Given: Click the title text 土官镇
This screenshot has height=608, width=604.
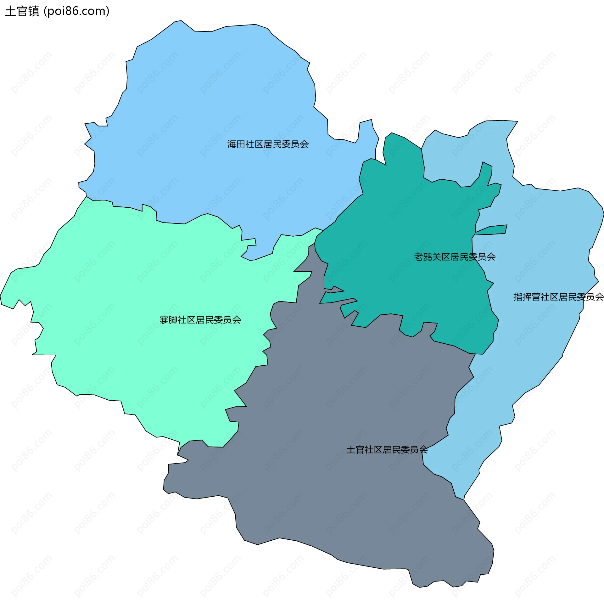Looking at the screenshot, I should coord(22,11).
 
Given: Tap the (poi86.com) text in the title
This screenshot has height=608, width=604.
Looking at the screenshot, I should coord(76,11).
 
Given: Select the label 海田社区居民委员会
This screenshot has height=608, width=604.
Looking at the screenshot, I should coord(268,144).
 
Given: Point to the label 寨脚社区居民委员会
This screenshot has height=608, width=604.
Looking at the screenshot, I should coord(200,320).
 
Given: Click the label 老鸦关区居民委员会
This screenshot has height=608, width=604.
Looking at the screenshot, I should coord(455,257).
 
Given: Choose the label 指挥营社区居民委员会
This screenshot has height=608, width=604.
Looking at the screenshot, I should coord(558,297).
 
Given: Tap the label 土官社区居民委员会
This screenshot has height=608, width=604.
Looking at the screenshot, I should coord(387,450).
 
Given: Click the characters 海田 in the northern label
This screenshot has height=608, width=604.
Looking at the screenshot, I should coord(236,144).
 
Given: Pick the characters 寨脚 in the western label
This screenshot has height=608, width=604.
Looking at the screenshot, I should coord(168,320).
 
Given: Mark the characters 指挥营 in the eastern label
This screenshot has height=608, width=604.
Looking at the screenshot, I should coord(527,297).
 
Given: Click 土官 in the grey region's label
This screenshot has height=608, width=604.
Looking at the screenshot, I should coord(355,450).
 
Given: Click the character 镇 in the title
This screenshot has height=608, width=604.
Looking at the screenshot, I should coord(34,11).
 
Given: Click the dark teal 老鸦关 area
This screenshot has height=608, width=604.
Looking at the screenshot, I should coord(409,220).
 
